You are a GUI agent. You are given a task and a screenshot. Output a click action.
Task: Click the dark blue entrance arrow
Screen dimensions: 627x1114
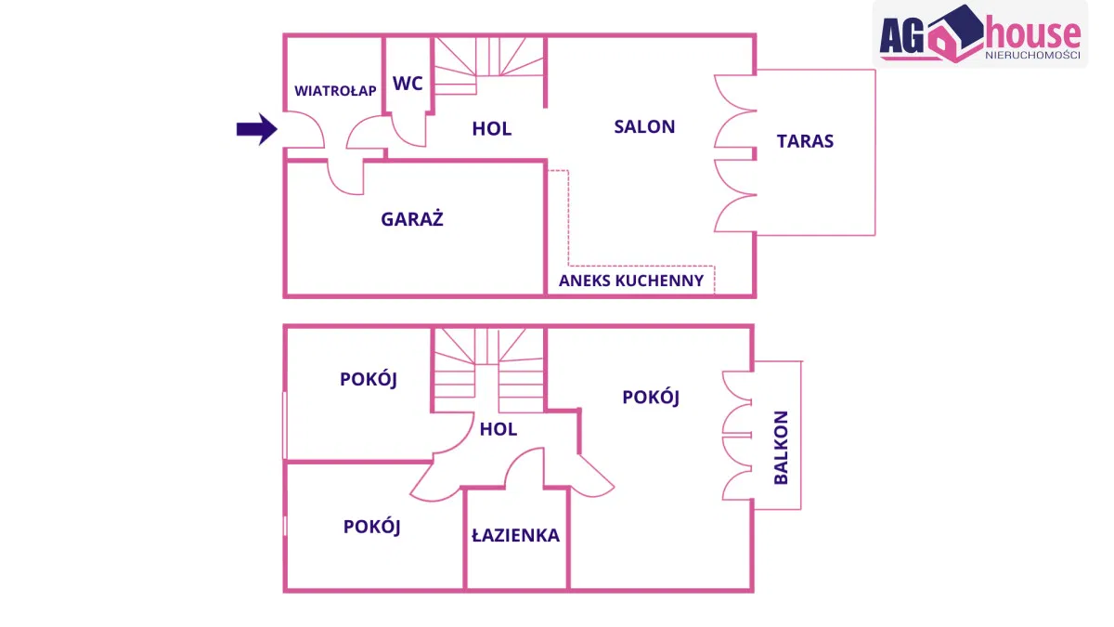click(256, 129)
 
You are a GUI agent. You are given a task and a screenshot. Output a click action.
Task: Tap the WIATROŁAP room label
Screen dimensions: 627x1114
click(335, 91)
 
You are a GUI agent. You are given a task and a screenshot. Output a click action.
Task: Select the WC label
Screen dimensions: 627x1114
click(408, 84)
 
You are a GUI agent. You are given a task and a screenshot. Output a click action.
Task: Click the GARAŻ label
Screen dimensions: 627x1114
click(412, 220)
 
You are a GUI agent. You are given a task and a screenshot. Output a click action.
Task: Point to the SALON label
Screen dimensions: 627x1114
click(644, 127)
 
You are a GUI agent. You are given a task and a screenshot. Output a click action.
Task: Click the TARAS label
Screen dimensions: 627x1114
click(805, 141)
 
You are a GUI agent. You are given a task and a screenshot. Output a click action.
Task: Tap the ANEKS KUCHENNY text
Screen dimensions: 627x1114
click(631, 281)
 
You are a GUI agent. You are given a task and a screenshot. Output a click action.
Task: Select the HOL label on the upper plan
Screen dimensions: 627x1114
click(491, 129)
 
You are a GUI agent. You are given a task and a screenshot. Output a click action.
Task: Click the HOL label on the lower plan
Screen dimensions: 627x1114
click(499, 429)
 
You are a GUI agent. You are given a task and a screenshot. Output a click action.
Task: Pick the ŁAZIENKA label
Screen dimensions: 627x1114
click(515, 536)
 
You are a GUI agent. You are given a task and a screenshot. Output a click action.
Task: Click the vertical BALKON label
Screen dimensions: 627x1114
click(781, 448)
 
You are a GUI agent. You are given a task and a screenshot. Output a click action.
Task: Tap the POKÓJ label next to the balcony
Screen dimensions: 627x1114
click(651, 398)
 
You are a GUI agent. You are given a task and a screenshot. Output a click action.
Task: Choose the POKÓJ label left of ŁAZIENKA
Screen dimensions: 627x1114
click(371, 527)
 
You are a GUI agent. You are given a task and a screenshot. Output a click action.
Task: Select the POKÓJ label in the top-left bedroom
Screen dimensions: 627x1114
click(369, 379)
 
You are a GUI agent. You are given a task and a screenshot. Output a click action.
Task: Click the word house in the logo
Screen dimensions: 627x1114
click(1032, 35)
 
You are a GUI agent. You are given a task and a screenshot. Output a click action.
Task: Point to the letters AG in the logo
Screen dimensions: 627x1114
click(901, 35)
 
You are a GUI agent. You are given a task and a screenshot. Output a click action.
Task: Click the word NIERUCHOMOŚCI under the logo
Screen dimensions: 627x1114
click(1032, 57)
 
